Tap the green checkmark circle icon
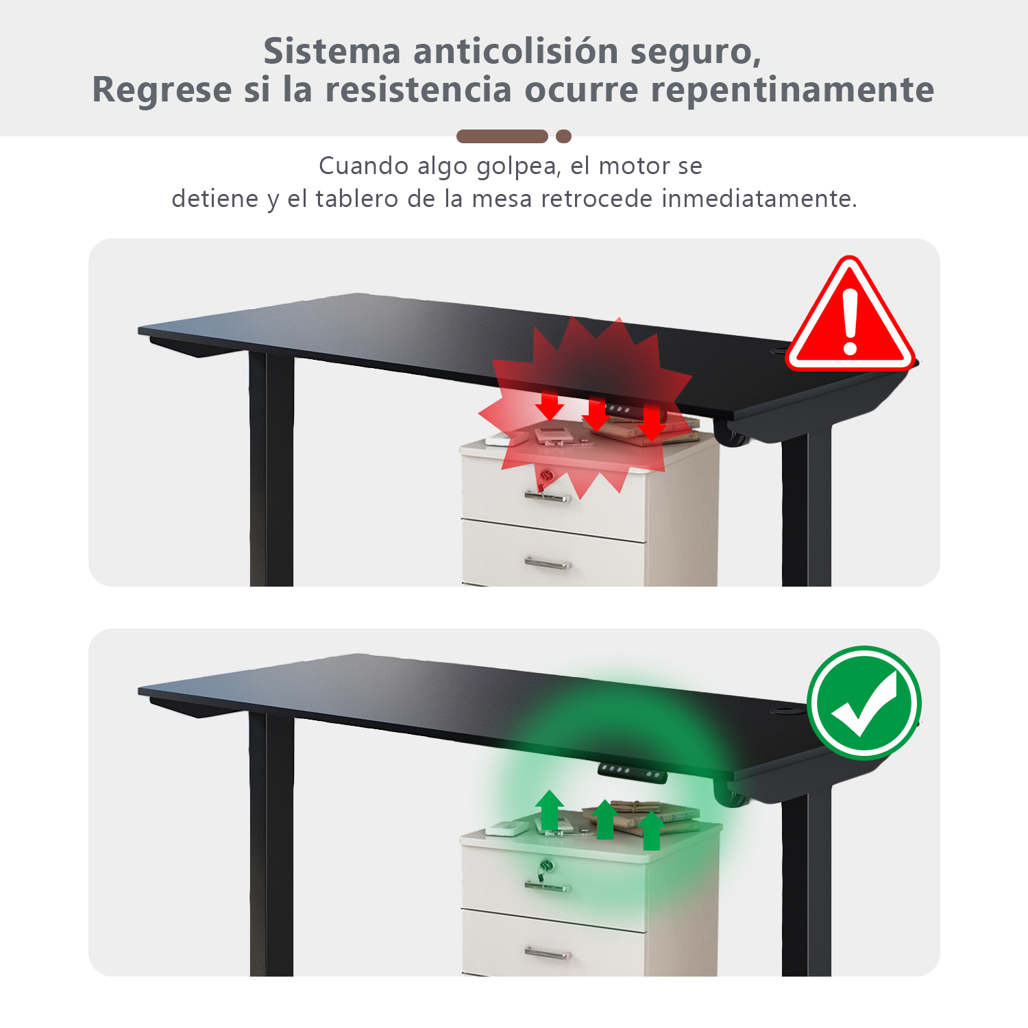pyautogui.click(x=864, y=702)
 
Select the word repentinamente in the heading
pyautogui.click(x=792, y=90)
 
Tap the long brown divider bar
pyautogui.click(x=502, y=136)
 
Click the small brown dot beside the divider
pyautogui.click(x=563, y=136)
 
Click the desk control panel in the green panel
pyautogui.click(x=633, y=772)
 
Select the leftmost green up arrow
pyautogui.click(x=550, y=810)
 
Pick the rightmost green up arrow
pyautogui.click(x=652, y=830)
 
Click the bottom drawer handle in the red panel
pyautogui.click(x=548, y=564)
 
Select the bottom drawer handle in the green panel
pyautogui.click(x=548, y=953)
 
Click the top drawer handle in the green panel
pyautogui.click(x=548, y=887)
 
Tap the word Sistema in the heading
pyautogui.click(x=332, y=51)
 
